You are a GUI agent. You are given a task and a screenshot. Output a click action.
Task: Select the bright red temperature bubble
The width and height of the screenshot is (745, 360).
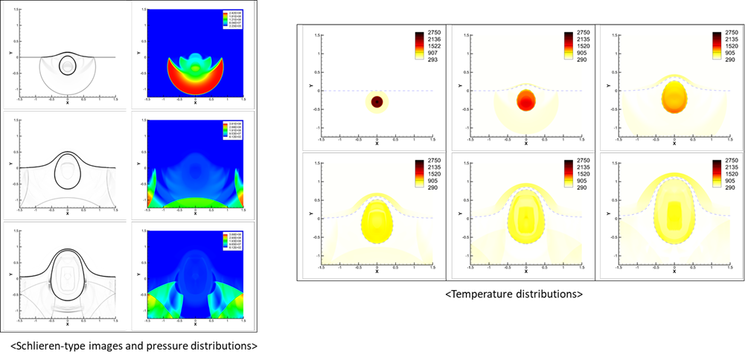click(x=526, y=100)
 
